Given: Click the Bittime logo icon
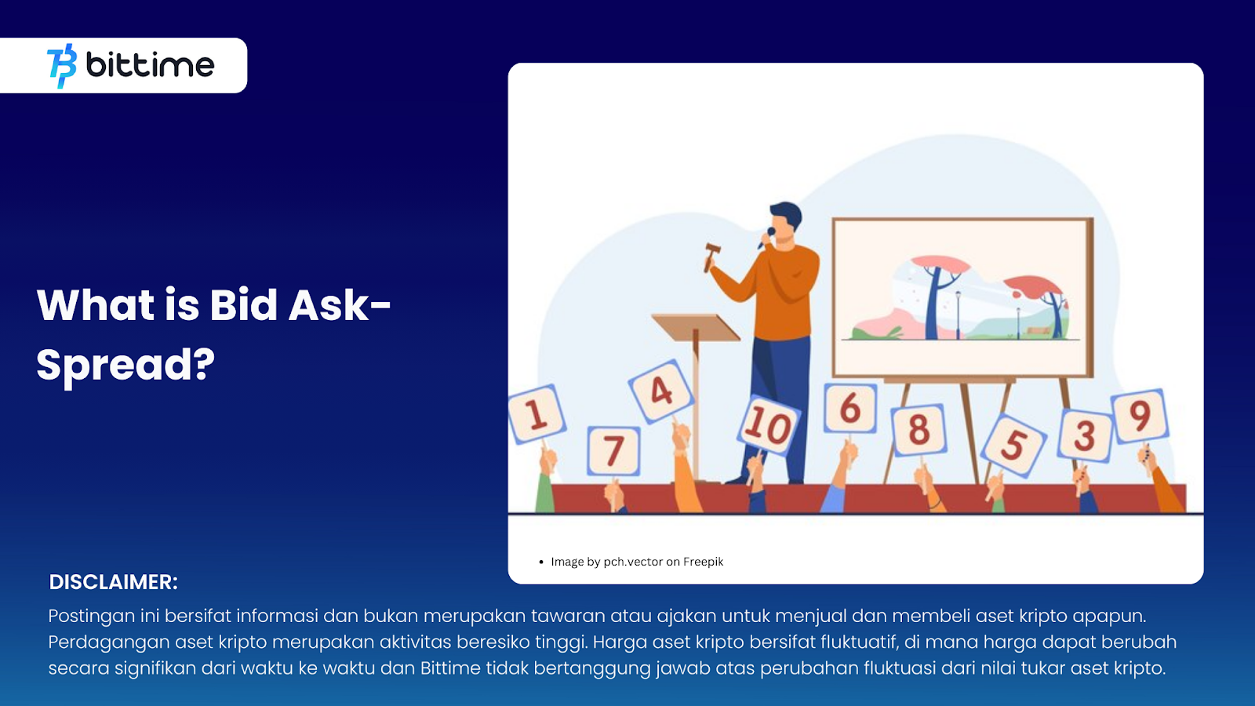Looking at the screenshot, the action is click(62, 66).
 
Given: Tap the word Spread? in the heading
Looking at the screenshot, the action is click(125, 364).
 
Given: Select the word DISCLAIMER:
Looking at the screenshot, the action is click(113, 581).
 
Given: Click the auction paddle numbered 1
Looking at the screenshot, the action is click(537, 415).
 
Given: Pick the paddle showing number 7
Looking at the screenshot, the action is click(613, 451).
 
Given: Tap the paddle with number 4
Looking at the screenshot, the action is click(660, 391).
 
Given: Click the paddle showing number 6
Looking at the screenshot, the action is click(850, 407).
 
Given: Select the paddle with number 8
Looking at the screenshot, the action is click(919, 431).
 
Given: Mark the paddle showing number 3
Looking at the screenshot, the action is click(1085, 436).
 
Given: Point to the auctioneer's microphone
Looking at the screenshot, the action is click(766, 238).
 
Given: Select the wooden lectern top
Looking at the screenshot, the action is click(696, 327).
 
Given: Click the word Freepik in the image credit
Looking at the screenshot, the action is click(703, 562).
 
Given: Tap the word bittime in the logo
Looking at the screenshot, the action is click(150, 65).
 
